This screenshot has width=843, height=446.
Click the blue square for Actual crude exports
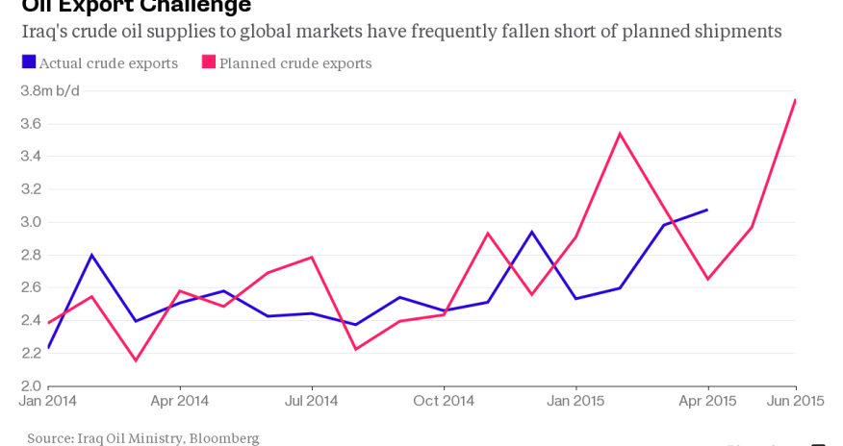pyautogui.click(x=28, y=63)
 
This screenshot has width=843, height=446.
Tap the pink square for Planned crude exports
pyautogui.click(x=208, y=63)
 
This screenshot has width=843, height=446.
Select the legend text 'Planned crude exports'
pyautogui.click(x=294, y=63)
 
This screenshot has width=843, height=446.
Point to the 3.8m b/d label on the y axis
pyautogui.click(x=49, y=90)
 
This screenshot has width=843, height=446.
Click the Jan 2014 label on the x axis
pyautogui.click(x=48, y=400)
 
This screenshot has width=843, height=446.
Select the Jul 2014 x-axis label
pyautogui.click(x=312, y=400)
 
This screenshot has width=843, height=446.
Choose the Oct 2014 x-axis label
pyautogui.click(x=443, y=400)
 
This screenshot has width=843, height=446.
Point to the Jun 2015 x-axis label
pyautogui.click(x=794, y=400)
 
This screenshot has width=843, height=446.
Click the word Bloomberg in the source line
pyautogui.click(x=224, y=438)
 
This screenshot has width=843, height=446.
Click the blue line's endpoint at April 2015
pyautogui.click(x=707, y=210)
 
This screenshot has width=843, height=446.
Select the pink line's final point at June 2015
pyautogui.click(x=796, y=99)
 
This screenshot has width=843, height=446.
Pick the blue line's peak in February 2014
pyautogui.click(x=92, y=255)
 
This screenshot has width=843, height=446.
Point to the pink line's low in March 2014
pyautogui.click(x=136, y=360)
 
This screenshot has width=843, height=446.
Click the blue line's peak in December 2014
pyautogui.click(x=531, y=232)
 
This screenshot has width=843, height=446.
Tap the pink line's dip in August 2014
pyautogui.click(x=356, y=349)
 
